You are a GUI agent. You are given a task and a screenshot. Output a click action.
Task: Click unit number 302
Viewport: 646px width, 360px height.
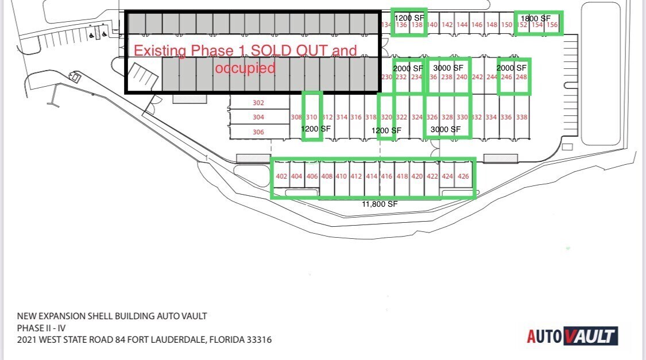[x=258, y=103]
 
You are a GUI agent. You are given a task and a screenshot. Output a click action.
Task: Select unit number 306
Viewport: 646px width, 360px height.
[x=258, y=131]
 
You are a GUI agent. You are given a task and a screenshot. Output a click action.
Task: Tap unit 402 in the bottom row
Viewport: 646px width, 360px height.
[x=281, y=176]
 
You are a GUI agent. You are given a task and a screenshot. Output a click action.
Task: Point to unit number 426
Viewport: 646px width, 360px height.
[x=463, y=176]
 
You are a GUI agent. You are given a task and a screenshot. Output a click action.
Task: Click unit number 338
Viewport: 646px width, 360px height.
[x=521, y=117]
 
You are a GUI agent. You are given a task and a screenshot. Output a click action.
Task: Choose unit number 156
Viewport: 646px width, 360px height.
[x=552, y=25]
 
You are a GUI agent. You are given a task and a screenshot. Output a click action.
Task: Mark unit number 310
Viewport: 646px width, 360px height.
[x=312, y=117]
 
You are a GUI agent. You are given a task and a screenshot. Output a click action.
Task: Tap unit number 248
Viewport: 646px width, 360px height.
[x=521, y=77]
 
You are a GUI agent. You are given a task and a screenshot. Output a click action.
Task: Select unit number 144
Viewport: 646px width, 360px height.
[x=462, y=25]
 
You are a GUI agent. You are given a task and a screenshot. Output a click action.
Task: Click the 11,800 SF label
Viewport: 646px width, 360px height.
[x=379, y=204]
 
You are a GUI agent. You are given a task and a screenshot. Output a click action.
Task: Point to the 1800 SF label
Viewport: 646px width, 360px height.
[x=535, y=18]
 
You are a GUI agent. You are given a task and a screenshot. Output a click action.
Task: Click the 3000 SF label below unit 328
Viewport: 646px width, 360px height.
[x=446, y=129]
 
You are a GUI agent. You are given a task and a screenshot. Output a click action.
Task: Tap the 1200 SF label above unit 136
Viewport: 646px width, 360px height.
[x=409, y=17]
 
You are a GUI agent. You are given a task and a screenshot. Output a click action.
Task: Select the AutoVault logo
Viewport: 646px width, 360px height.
[x=572, y=336]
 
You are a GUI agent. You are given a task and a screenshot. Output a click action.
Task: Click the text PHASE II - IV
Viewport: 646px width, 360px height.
[x=42, y=327]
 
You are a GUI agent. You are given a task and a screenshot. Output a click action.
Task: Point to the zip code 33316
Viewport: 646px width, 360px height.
[x=258, y=339]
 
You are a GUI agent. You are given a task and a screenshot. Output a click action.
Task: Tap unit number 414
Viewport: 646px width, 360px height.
[x=372, y=176]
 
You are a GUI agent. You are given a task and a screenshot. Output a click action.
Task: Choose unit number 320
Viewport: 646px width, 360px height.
[x=386, y=117]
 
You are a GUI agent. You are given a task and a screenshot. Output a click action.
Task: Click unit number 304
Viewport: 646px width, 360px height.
[x=258, y=117]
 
